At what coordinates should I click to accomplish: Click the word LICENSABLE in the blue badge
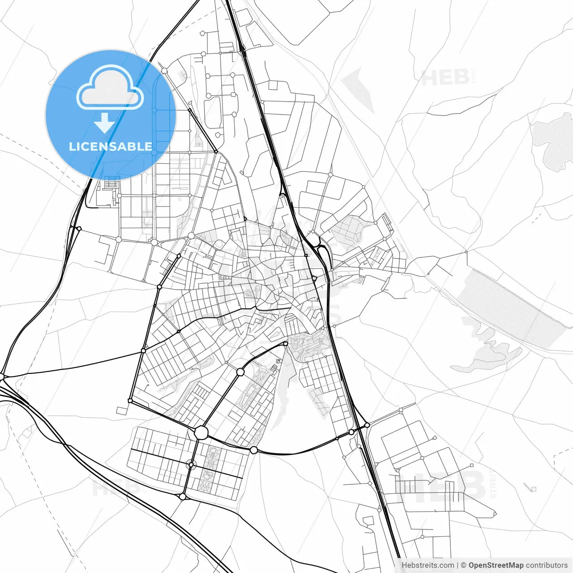tap(110, 146)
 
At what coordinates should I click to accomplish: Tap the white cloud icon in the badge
tap(110, 89)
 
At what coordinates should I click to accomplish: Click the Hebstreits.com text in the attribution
tap(428, 565)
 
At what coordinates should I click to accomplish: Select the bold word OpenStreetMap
tap(496, 565)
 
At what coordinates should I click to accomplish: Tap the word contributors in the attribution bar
tap(547, 565)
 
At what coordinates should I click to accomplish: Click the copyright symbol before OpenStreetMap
tap(463, 565)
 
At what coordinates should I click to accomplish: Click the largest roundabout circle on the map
tap(201, 432)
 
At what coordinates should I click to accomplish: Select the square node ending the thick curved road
tap(286, 344)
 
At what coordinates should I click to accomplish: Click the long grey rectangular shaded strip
tap(510, 309)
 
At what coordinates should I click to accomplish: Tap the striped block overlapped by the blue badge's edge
tap(111, 183)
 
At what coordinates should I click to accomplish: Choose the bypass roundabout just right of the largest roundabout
tap(254, 449)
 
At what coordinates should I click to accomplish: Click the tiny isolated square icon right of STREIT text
tap(533, 488)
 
